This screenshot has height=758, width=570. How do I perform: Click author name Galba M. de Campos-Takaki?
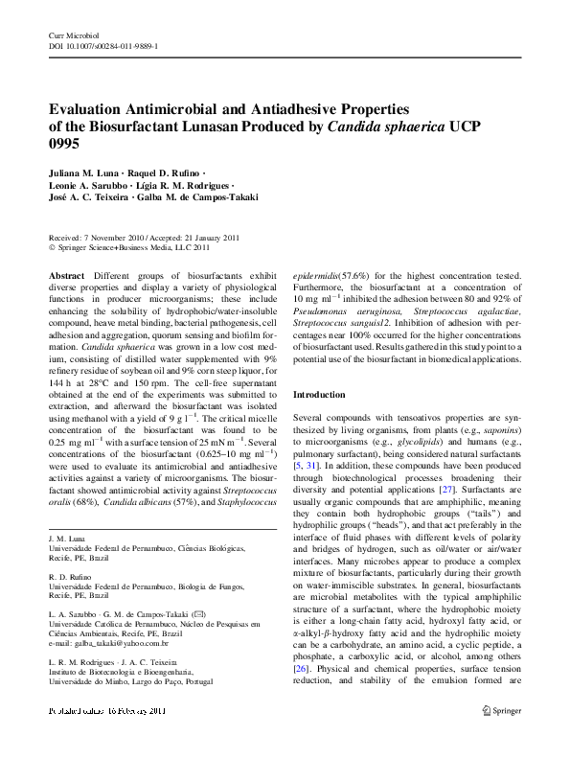208,196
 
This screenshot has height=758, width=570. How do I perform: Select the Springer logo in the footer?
502,736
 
